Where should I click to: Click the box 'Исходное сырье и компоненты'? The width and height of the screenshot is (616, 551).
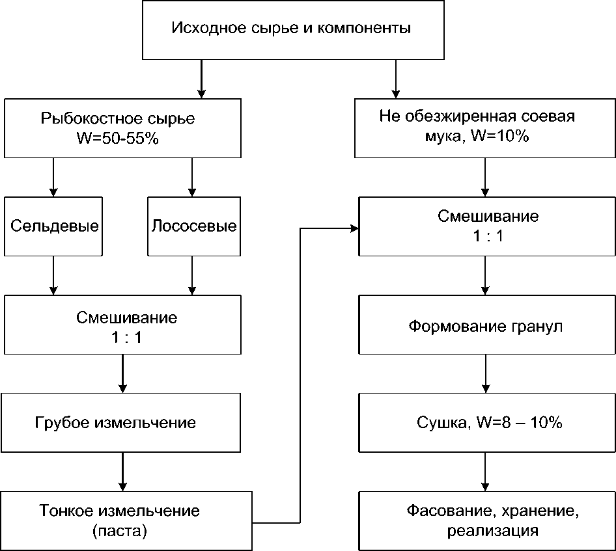pyautogui.click(x=290, y=29)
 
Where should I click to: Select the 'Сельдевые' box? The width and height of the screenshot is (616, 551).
pyautogui.click(x=55, y=226)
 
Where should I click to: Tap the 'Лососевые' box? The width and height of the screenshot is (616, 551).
pyautogui.click(x=193, y=226)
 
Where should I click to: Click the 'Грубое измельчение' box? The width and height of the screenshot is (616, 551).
pyautogui.click(x=124, y=422)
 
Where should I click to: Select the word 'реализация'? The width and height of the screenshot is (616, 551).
pyautogui.click(x=493, y=531)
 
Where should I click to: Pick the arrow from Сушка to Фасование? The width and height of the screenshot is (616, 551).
pyautogui.click(x=484, y=472)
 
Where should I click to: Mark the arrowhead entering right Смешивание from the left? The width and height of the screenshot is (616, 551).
pyautogui.click(x=354, y=228)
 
